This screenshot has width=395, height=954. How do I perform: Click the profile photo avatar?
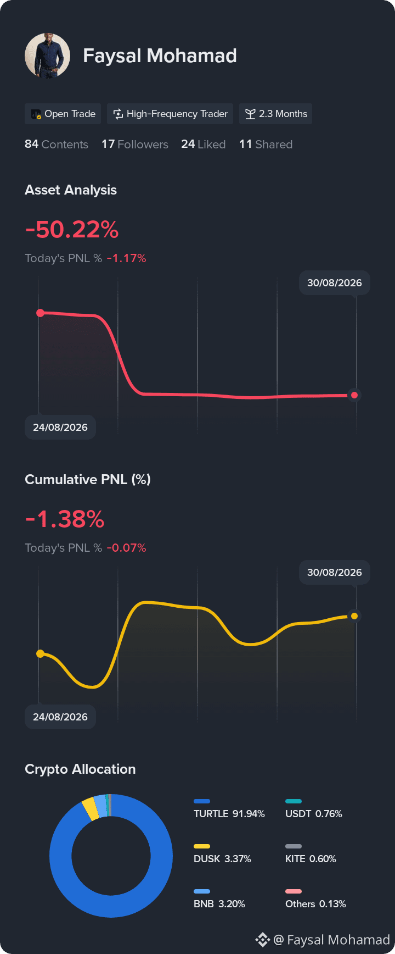pos(48,56)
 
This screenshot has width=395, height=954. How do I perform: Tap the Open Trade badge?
pos(63,114)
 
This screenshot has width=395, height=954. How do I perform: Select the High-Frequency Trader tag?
pos(170,114)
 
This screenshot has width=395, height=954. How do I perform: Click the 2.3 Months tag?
pos(275,114)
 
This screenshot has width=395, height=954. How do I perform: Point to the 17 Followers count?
pos(135,144)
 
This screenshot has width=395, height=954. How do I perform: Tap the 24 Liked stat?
pos(204,144)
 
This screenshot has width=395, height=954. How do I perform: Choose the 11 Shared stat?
pos(266,144)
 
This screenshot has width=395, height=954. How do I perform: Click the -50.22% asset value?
pos(72,229)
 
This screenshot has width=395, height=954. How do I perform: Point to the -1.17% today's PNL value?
pos(126,258)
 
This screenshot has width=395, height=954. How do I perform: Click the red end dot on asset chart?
pos(354,395)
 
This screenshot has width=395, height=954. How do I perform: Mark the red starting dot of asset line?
pos(40,313)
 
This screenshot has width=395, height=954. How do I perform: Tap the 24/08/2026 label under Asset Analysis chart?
pos(60,428)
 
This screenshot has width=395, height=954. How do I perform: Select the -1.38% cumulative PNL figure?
pos(65,519)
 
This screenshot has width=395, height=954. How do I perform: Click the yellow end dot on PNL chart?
pos(354,616)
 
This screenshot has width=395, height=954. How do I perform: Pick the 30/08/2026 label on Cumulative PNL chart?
pos(335,572)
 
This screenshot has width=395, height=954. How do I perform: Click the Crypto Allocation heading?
pos(80,769)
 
